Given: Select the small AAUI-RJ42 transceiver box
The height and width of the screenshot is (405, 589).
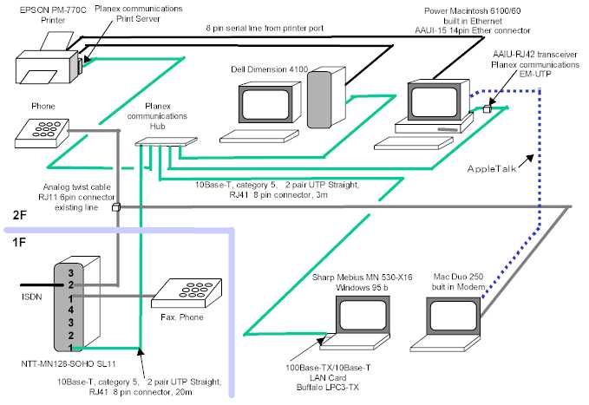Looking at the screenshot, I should pyautogui.click(x=488, y=110).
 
